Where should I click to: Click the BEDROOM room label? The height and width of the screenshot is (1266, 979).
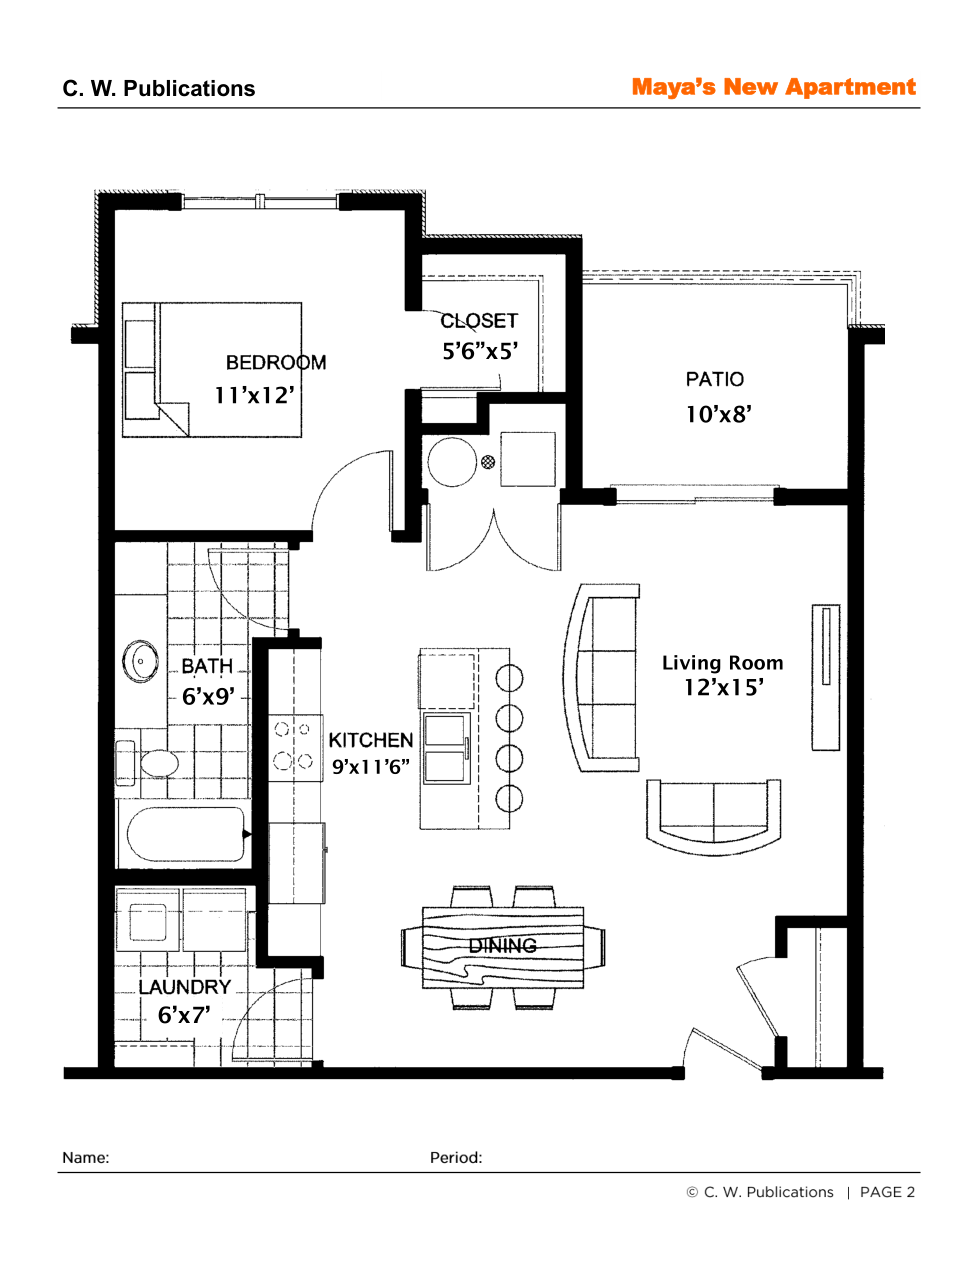275,362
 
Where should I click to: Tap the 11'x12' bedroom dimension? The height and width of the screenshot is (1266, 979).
255,395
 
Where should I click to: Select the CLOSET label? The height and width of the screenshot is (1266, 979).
479,320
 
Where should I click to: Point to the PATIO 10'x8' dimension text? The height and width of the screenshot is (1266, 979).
718,414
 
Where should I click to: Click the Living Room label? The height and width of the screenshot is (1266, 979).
722,663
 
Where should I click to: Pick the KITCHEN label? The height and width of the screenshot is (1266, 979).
370,740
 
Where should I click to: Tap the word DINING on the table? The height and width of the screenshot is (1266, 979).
502,945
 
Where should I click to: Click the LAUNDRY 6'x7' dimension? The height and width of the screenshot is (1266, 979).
183,1015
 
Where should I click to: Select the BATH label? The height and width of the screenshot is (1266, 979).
207,666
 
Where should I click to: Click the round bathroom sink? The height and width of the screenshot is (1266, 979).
140,661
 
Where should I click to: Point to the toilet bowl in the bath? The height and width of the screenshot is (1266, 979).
159,763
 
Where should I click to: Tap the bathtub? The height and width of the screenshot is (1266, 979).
186,834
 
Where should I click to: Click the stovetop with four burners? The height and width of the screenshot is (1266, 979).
295,747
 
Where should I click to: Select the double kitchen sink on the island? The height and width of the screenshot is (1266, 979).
446,748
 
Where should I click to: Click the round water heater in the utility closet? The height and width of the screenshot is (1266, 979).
452,462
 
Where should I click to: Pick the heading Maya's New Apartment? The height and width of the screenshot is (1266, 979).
773,87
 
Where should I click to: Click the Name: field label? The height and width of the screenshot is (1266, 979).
86,1157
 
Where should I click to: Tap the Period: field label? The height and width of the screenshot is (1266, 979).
455,1157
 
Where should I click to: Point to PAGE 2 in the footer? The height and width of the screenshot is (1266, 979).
887,1192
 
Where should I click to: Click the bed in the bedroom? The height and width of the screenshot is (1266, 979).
211,369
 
